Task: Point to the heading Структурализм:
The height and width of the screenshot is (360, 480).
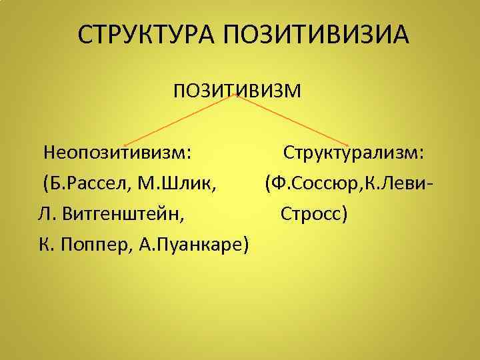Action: [353, 153]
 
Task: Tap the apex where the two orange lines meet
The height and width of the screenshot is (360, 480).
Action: [235, 95]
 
